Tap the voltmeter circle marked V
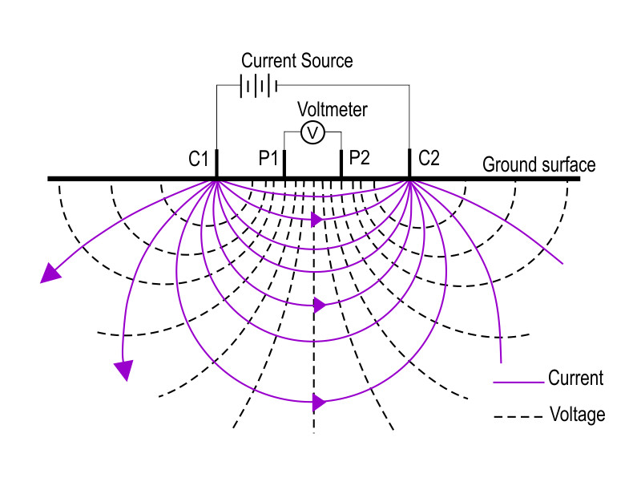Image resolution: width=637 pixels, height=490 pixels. tap(312, 132)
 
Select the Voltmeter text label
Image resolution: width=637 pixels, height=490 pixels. tap(332, 109)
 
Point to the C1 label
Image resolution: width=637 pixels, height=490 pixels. tap(199, 159)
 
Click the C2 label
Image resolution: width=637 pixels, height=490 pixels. tap(429, 159)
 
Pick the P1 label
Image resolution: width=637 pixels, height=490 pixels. tap(268, 159)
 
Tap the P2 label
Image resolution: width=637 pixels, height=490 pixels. tap(360, 159)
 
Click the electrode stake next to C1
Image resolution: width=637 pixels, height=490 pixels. tap(217, 164)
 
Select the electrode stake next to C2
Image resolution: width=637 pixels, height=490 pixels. tap(410, 164)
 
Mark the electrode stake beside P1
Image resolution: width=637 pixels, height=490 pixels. tap(284, 164)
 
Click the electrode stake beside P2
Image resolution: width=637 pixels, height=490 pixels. tap(341, 164)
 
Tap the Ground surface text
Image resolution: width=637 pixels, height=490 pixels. tap(538, 164)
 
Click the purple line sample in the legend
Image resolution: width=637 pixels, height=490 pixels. tap(517, 382)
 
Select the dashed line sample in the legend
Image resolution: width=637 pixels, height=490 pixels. tap(517, 417)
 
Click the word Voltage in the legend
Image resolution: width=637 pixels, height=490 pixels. tap(576, 415)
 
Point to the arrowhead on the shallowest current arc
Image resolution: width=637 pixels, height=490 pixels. tap(316, 218)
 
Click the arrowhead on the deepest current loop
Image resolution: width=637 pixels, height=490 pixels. tap(320, 402)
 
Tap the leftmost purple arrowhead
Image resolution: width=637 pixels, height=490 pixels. tap(50, 273)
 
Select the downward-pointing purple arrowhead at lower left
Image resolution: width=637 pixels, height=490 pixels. tap(123, 370)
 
